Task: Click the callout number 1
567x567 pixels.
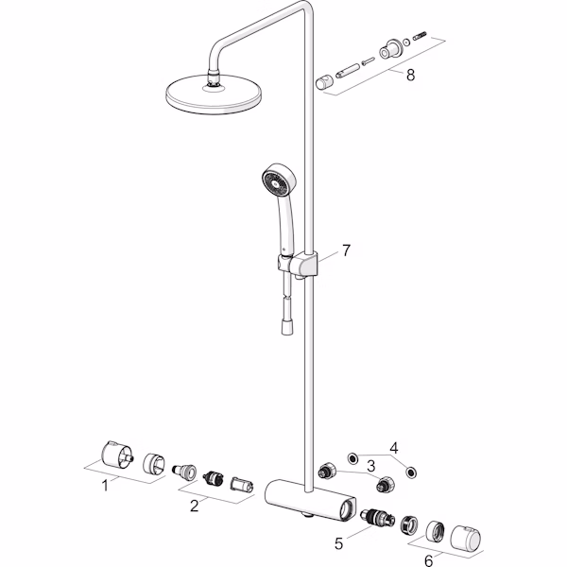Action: tap(105, 486)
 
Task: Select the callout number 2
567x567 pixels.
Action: tap(194, 506)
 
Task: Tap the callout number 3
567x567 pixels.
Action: tap(370, 466)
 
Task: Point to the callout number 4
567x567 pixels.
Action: tap(394, 448)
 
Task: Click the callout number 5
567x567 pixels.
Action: tap(338, 543)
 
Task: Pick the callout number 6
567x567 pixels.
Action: tap(428, 560)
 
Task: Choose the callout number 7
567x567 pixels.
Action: tap(346, 250)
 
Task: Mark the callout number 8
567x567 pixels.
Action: tap(410, 76)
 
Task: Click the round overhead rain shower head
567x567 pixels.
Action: tap(214, 94)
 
